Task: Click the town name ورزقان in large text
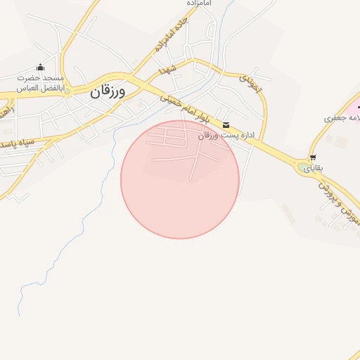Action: tap(108, 91)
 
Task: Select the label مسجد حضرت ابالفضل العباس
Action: tap(41, 84)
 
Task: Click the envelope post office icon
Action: tap(225, 125)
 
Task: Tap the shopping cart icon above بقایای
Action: tap(312, 157)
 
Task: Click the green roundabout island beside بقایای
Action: tap(303, 167)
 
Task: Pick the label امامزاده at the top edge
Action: tap(199, 4)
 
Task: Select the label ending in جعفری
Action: tap(341, 117)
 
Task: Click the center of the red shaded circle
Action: tap(180, 179)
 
